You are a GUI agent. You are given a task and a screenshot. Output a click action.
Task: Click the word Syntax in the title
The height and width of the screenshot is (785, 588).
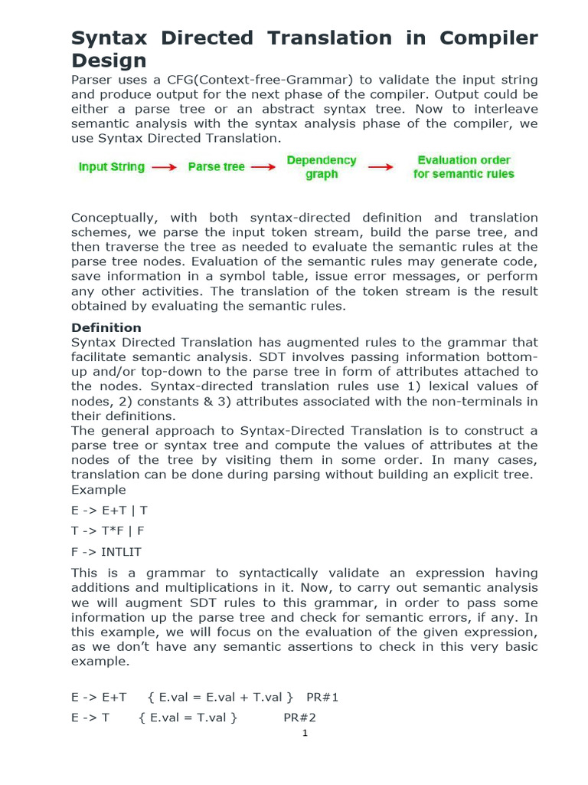point(109,38)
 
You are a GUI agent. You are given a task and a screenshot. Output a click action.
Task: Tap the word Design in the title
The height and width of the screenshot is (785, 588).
point(109,61)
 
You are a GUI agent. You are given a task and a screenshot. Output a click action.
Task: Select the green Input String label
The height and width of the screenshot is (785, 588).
point(111,167)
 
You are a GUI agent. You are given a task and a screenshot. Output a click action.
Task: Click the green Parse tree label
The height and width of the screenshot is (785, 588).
point(216,167)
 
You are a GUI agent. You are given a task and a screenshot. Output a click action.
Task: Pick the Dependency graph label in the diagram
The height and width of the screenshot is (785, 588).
point(322,167)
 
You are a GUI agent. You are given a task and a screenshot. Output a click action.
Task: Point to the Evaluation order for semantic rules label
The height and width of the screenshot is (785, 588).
point(463,167)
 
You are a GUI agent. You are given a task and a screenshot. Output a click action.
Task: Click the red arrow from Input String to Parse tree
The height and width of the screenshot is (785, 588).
point(164,167)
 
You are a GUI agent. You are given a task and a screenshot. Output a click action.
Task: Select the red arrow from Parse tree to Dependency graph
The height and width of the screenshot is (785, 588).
point(263,167)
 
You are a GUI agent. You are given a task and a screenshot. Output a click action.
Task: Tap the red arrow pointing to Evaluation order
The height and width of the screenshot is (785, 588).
point(381,167)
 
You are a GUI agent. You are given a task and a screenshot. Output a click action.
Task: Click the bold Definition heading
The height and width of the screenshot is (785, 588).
point(106,327)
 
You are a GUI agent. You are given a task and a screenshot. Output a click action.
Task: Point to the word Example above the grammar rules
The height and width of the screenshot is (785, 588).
point(99,490)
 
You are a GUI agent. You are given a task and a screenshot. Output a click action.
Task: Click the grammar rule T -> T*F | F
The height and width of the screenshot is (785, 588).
point(108,530)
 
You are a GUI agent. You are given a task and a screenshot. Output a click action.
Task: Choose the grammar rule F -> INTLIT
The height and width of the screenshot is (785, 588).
point(106,551)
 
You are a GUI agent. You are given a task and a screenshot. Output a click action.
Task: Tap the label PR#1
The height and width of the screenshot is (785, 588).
point(322,697)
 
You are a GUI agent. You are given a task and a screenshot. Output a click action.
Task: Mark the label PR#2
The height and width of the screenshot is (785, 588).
point(300,718)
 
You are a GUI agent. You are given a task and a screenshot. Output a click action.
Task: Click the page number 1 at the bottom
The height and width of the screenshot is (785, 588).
point(305,733)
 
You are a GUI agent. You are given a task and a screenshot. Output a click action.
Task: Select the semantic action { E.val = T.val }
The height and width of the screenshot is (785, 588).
point(188,718)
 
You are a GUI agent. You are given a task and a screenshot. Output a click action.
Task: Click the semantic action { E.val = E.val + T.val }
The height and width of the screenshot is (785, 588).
point(220,697)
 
